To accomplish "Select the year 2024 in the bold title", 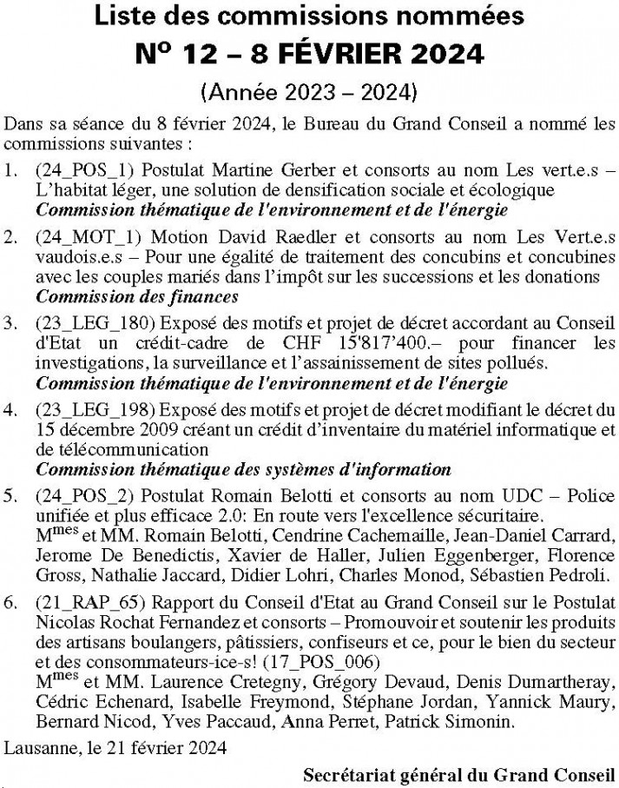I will point(444,53).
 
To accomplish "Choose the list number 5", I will point(10,495).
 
